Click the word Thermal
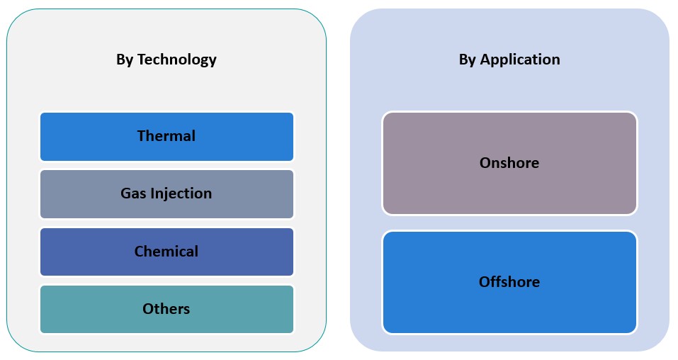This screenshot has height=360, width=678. click(166, 136)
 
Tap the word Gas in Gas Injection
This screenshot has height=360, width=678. click(132, 193)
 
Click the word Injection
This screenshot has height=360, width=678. click(179, 193)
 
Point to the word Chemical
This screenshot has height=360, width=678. click(166, 252)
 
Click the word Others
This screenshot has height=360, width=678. click(166, 309)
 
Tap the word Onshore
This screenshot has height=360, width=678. click(509, 163)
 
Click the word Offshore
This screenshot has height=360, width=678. click(509, 282)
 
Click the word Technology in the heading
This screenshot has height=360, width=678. click(177, 60)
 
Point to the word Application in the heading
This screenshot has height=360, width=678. click(520, 60)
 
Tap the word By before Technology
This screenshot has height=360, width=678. click(125, 60)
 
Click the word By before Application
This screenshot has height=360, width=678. click(468, 60)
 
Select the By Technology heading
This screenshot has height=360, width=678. click(166, 60)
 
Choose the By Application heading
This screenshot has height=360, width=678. click(509, 60)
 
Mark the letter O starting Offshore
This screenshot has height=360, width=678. click(485, 282)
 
